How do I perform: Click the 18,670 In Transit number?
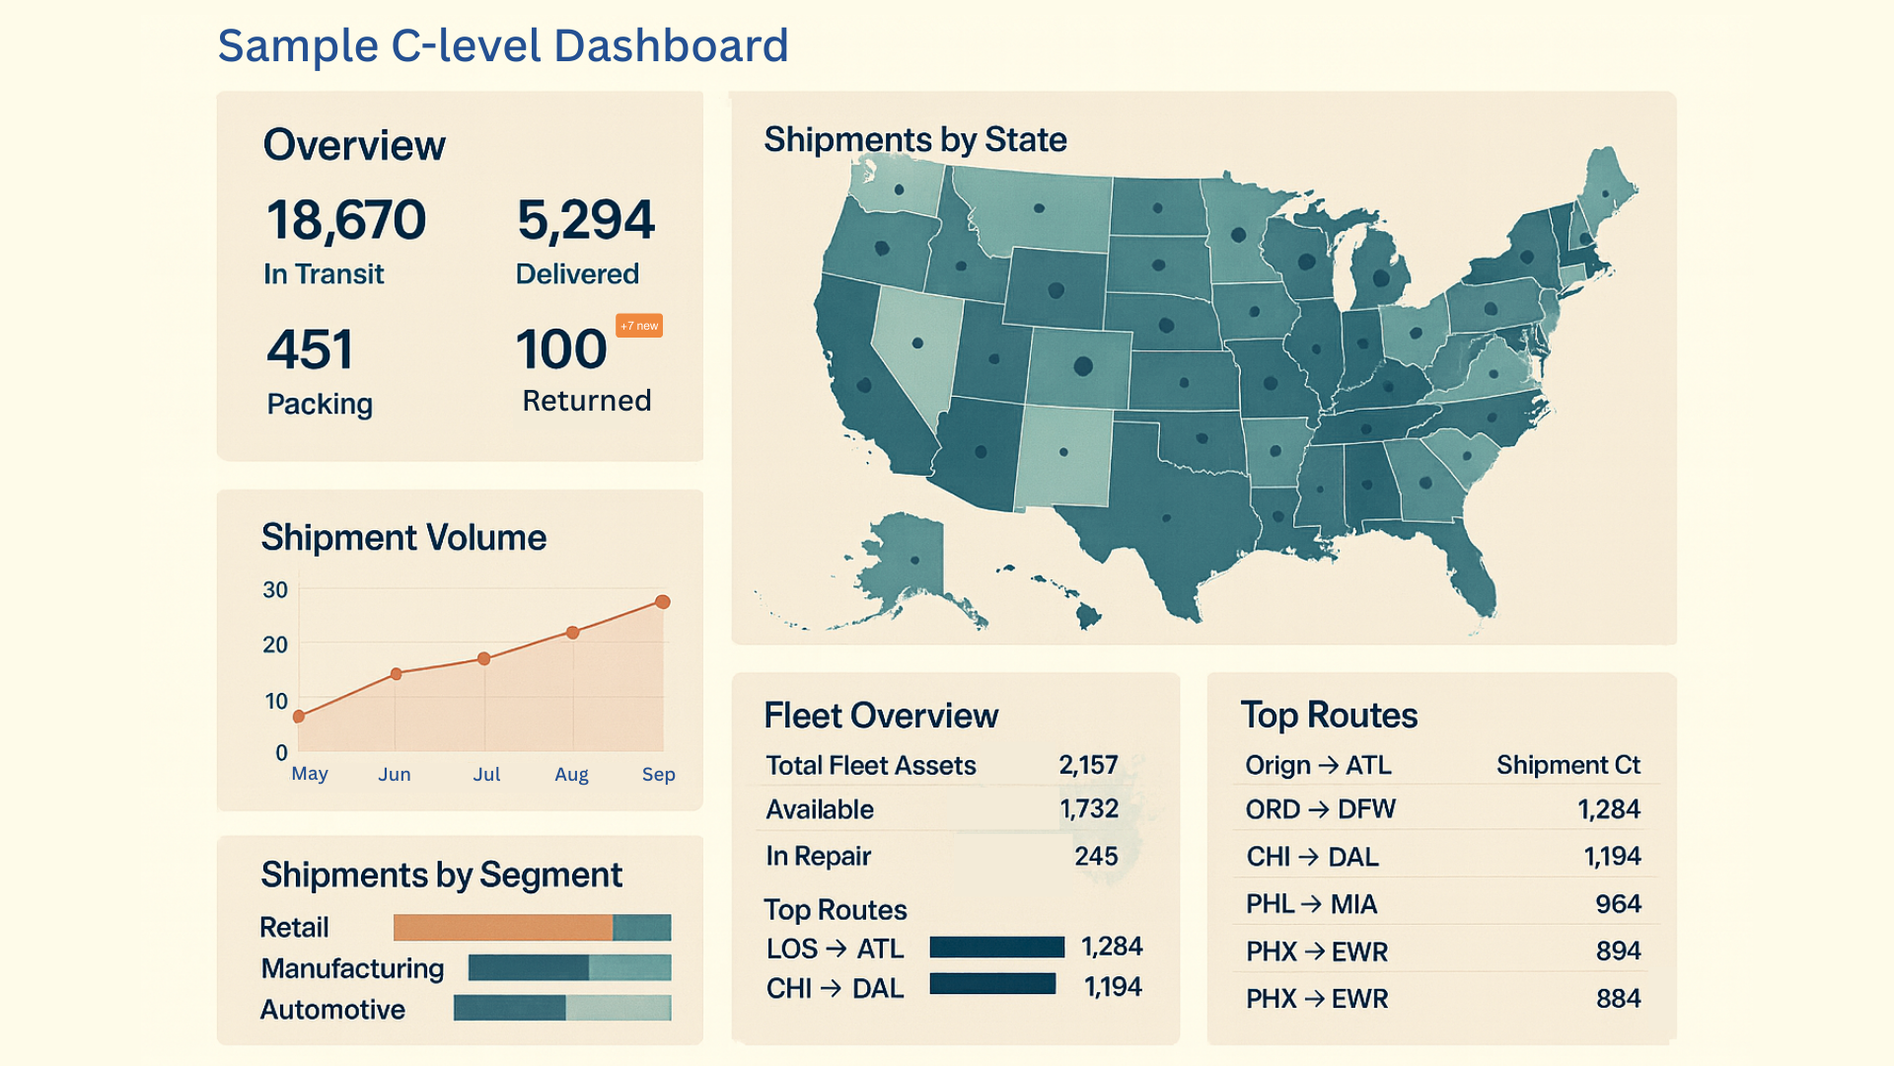(x=346, y=220)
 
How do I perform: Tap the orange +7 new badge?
(x=639, y=326)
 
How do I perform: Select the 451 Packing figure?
(x=310, y=350)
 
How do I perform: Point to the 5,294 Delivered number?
(x=586, y=220)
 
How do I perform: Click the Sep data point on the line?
(x=663, y=602)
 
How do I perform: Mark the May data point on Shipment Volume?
(x=299, y=717)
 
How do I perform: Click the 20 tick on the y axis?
(x=275, y=646)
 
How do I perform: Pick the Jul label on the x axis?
(x=486, y=775)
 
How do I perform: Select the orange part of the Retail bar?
(x=502, y=928)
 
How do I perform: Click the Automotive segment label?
(x=332, y=1010)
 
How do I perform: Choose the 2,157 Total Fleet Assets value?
(x=1088, y=766)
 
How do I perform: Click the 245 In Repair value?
(x=1096, y=857)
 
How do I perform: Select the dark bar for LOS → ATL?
(x=996, y=948)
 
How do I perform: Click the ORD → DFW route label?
(x=1320, y=810)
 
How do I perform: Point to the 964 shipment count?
(x=1618, y=904)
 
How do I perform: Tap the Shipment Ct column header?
(x=1567, y=766)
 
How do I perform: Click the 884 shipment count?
(x=1618, y=999)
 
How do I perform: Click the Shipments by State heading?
(x=914, y=140)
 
